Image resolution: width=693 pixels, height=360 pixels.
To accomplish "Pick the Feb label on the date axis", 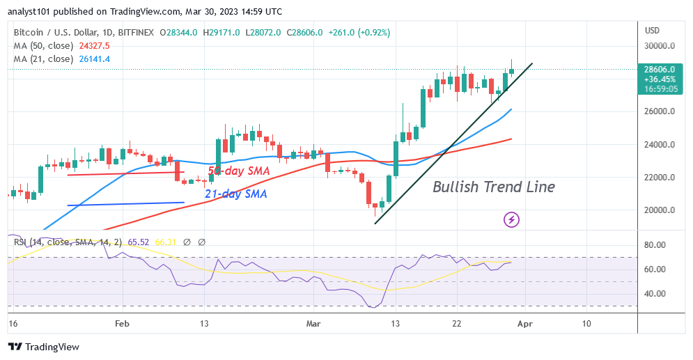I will coord(122,323).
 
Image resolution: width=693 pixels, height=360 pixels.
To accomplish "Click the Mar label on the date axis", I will coord(313,323).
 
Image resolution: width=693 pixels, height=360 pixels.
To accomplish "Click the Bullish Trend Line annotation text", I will coord(494,187).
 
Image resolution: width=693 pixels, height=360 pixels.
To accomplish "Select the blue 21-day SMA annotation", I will coord(235,194).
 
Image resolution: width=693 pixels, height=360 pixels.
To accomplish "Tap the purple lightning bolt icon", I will coord(512,220).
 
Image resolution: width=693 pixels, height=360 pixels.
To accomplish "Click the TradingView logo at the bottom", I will coord(44,347).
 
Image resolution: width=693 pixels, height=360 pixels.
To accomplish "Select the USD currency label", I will coord(653,30).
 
